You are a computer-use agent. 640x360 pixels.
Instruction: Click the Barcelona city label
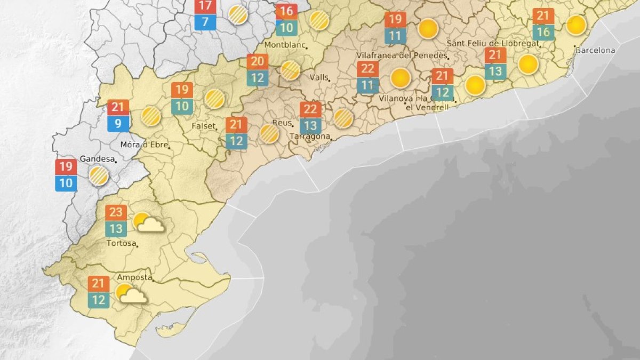(x=595, y=51)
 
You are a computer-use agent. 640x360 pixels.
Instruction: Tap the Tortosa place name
(x=122, y=244)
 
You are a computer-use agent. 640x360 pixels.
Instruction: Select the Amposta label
(x=134, y=277)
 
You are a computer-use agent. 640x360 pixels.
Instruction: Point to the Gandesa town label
(x=97, y=158)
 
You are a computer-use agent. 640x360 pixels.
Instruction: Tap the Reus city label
(x=282, y=123)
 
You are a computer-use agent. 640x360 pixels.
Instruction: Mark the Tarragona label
(x=309, y=137)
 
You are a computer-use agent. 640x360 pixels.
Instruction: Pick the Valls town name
(x=319, y=77)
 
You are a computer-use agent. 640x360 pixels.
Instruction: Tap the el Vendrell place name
(x=427, y=107)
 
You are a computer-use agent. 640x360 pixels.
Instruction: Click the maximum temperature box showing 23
(x=116, y=212)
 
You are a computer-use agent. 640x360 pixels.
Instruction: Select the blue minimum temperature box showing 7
(x=205, y=22)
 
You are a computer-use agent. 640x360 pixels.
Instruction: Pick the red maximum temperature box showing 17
(x=205, y=6)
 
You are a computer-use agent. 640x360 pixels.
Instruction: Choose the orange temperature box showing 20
(x=257, y=62)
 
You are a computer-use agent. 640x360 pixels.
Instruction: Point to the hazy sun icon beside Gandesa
(x=99, y=175)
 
